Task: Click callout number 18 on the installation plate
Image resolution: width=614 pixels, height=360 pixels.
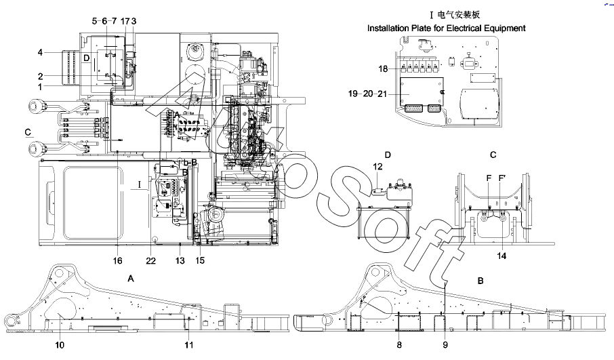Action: coord(384,68)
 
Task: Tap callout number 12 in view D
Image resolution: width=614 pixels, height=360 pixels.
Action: coord(377,166)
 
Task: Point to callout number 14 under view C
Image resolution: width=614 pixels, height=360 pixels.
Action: coord(502,256)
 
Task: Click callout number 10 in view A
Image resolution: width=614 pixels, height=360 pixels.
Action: coord(60,345)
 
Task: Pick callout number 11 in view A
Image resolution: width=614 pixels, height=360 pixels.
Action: coord(190,345)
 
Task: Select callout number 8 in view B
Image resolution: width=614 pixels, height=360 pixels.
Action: coord(399,345)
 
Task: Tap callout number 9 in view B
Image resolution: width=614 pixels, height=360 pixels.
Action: coord(445,345)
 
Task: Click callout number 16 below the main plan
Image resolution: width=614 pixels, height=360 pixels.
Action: coord(117,260)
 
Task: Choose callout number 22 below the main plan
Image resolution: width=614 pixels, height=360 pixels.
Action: coord(150,260)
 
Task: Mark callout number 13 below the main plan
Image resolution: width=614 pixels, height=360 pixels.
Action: coord(179,260)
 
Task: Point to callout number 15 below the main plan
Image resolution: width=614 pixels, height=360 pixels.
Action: coord(200,260)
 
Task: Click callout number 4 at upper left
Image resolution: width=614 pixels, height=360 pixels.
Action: coord(40,52)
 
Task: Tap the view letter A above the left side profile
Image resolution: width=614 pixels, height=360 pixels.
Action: coord(131,278)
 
